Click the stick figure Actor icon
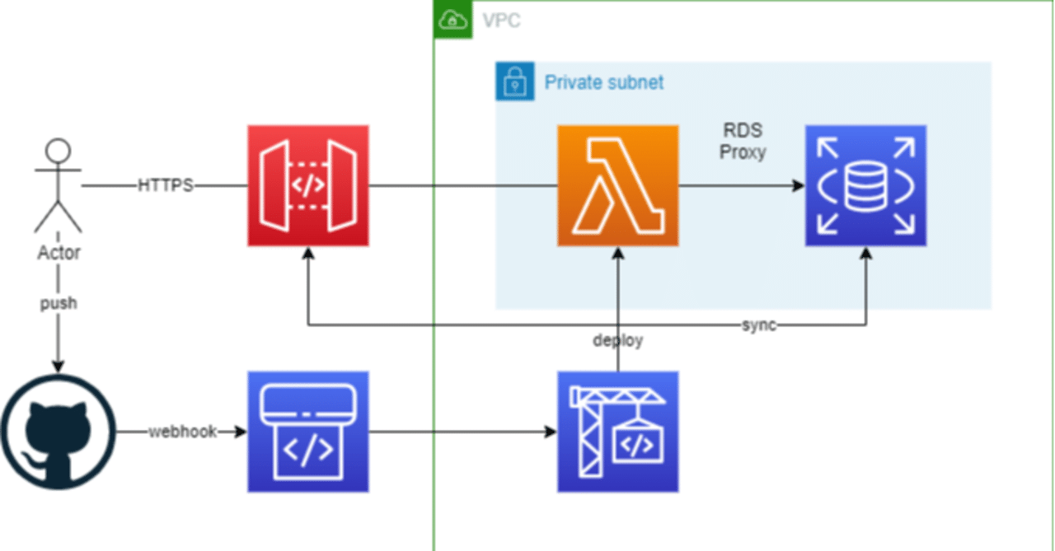[x=58, y=186]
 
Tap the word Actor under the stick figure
[x=59, y=253]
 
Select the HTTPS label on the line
[x=165, y=186]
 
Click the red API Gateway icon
[x=308, y=186]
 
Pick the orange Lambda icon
[x=617, y=186]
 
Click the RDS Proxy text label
[x=743, y=141]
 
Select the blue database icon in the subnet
[x=865, y=186]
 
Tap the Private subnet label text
[x=604, y=82]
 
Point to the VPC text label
[x=501, y=20]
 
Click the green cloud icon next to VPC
[x=453, y=19]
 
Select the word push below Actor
[x=59, y=303]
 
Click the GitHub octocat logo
[x=58, y=432]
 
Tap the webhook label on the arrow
[x=182, y=432]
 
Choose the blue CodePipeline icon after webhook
[x=308, y=432]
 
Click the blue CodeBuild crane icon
[x=617, y=432]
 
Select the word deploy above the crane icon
[x=617, y=339]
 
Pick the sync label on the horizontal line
[x=758, y=325]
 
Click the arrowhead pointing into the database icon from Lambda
[x=798, y=186]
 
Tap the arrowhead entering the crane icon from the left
[x=551, y=432]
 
